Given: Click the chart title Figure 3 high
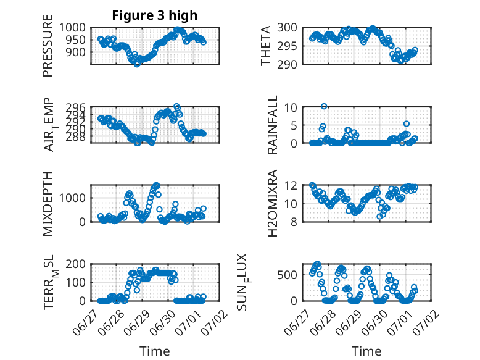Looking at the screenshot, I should (155, 15).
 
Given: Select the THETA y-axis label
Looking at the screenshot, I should (266, 46).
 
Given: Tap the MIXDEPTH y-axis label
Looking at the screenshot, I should (48, 203).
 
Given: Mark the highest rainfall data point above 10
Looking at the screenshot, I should (324, 106).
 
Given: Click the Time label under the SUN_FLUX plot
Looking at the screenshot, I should (366, 351).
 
